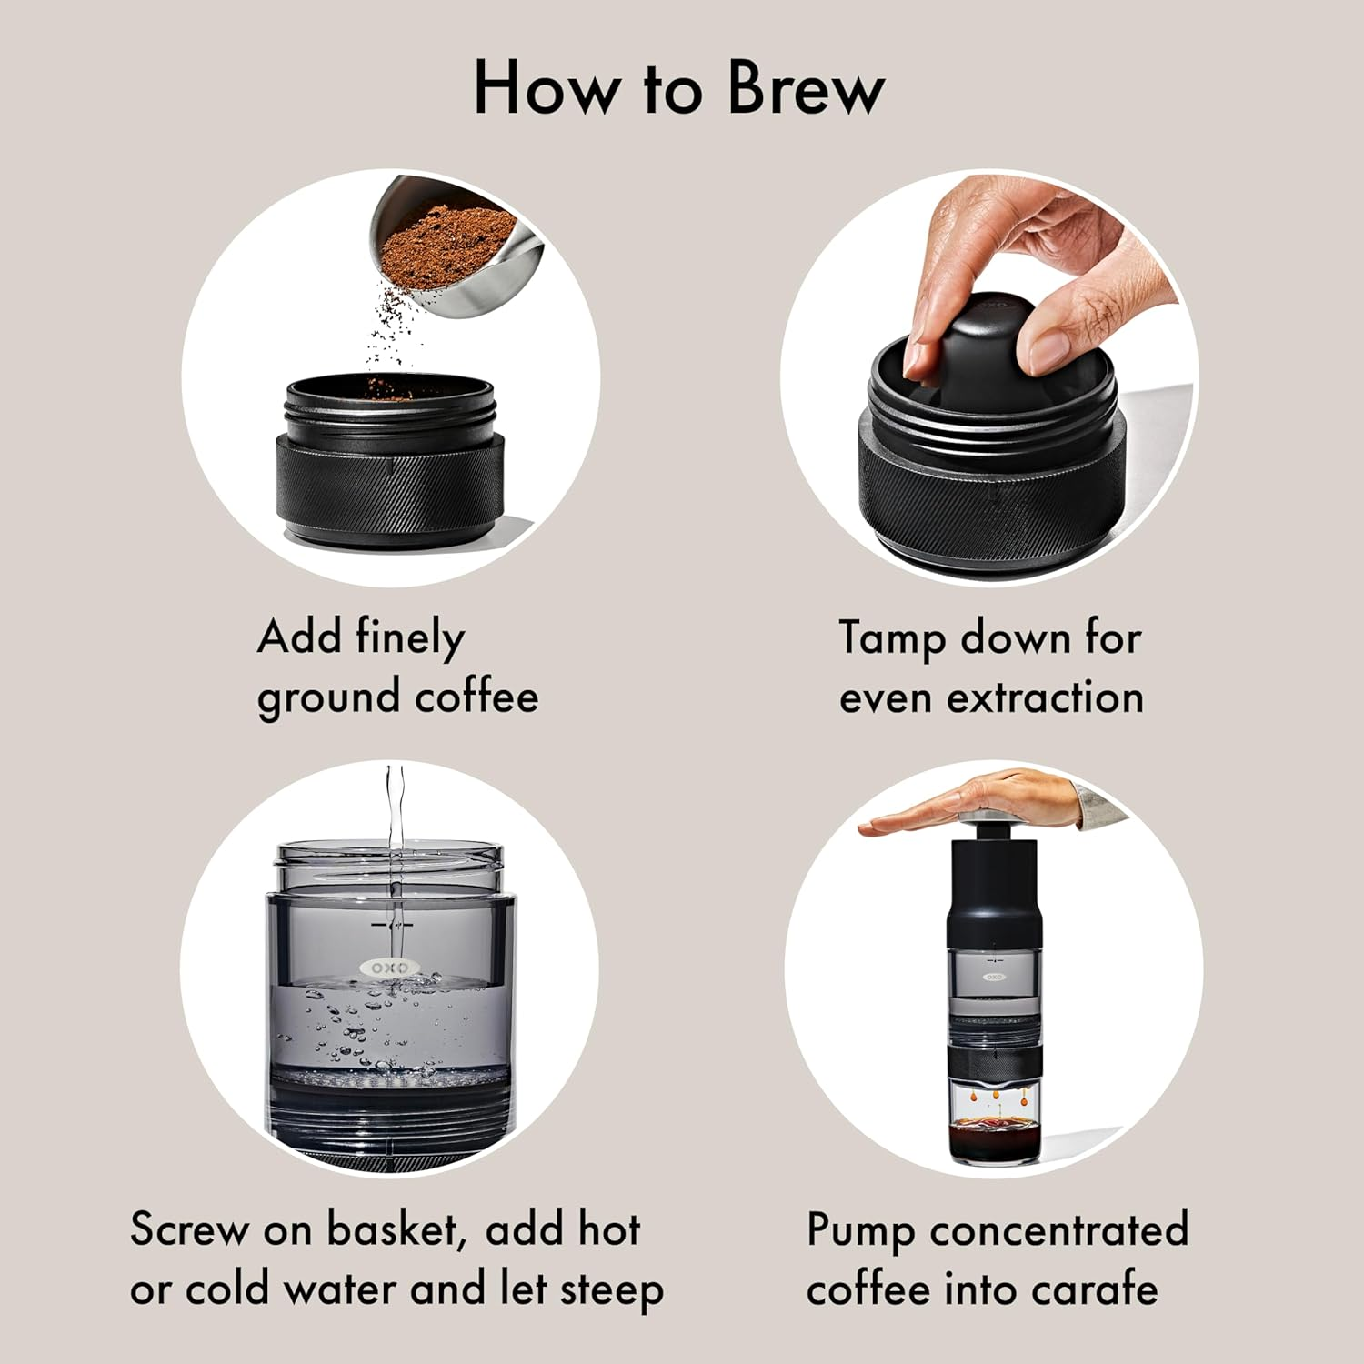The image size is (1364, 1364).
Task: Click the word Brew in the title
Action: tap(806, 88)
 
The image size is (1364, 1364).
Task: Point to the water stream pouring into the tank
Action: tap(395, 837)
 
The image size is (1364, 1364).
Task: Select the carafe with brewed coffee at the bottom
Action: tap(996, 1123)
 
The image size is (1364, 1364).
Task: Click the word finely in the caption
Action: tap(410, 637)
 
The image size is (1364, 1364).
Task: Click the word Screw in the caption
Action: tap(189, 1229)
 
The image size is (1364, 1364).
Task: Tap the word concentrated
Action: tap(1059, 1229)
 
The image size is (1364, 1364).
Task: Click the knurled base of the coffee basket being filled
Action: tap(391, 491)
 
